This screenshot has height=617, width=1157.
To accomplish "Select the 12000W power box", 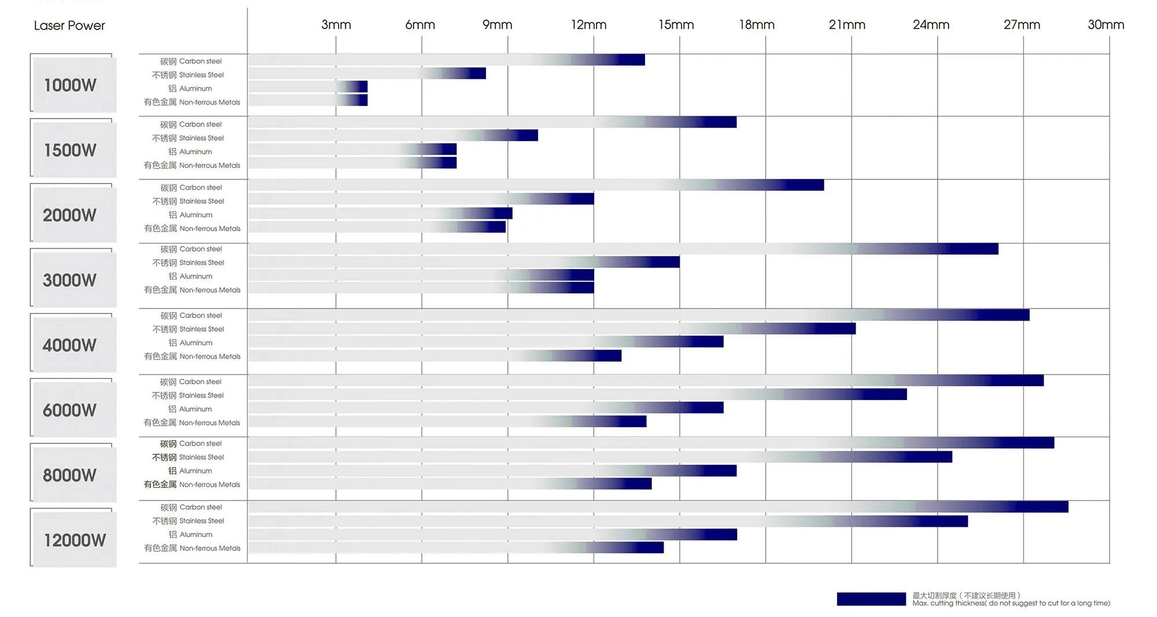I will click(73, 539).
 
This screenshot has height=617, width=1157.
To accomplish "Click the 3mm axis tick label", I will click(336, 25).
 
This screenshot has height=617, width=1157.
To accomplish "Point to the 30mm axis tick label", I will click(1106, 25).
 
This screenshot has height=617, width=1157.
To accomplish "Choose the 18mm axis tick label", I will click(757, 25).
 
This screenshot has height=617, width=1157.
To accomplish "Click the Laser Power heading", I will click(69, 25).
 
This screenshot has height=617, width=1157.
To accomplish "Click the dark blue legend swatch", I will click(871, 599).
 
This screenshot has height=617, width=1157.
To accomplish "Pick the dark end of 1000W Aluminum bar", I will click(361, 87).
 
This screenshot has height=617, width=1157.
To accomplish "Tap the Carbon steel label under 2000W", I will click(191, 188).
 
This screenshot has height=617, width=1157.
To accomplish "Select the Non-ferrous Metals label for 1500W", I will click(191, 166).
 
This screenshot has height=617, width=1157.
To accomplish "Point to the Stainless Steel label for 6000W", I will click(187, 395).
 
